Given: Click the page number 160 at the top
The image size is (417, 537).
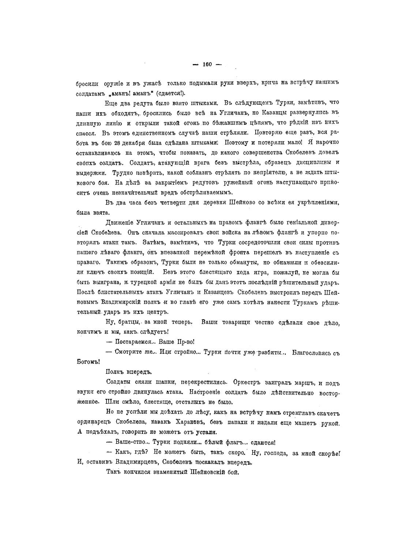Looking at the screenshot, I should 207,64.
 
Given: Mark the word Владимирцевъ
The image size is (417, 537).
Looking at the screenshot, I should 132,462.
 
